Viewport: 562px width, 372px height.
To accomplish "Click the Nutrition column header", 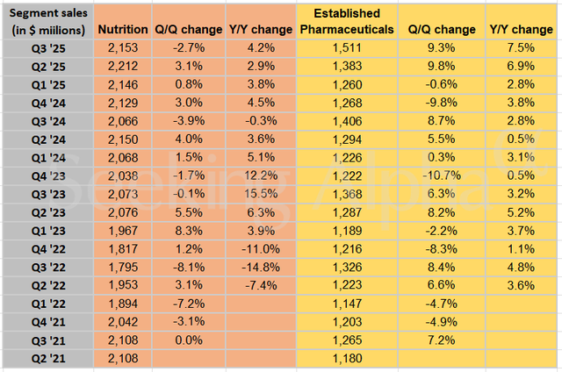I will click(x=121, y=30).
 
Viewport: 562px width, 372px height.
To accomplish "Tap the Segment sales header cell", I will click(x=48, y=22).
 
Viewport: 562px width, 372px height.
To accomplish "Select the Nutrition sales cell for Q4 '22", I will click(x=121, y=247).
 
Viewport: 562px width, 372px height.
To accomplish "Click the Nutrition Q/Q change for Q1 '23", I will click(x=184, y=228).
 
